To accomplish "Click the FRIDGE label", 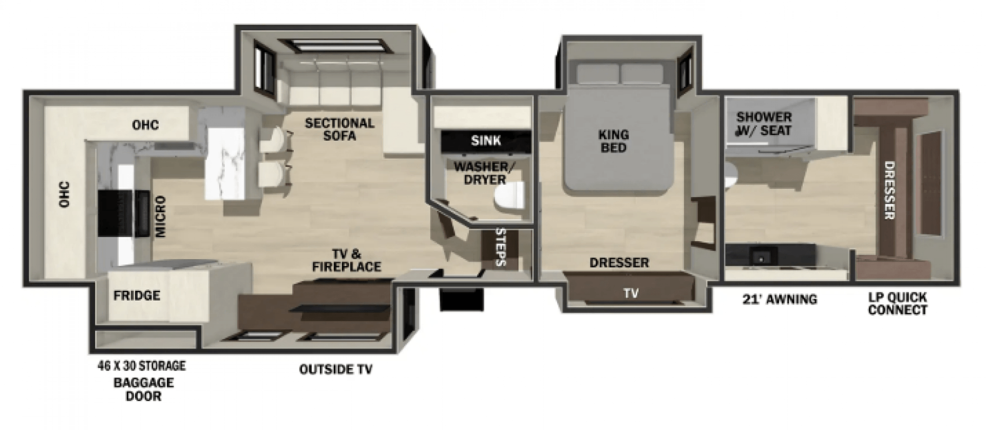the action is pyautogui.click(x=137, y=295).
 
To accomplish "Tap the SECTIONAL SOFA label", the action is pyautogui.click(x=339, y=129).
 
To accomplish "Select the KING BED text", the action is pyautogui.click(x=613, y=141).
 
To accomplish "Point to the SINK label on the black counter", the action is pyautogui.click(x=485, y=140).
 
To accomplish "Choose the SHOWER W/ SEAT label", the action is pyautogui.click(x=764, y=123).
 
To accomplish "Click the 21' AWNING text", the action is pyautogui.click(x=780, y=299).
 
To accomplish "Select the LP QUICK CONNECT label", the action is pyautogui.click(x=898, y=303).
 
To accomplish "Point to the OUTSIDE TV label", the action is pyautogui.click(x=336, y=369).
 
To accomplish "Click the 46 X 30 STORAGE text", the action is pyautogui.click(x=141, y=366).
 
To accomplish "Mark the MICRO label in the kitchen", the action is pyautogui.click(x=161, y=216).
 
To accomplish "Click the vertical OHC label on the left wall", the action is pyautogui.click(x=65, y=194).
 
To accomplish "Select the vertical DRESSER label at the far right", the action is pyautogui.click(x=889, y=190).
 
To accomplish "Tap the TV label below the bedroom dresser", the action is pyautogui.click(x=631, y=293).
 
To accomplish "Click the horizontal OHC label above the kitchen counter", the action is pyautogui.click(x=145, y=125).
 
